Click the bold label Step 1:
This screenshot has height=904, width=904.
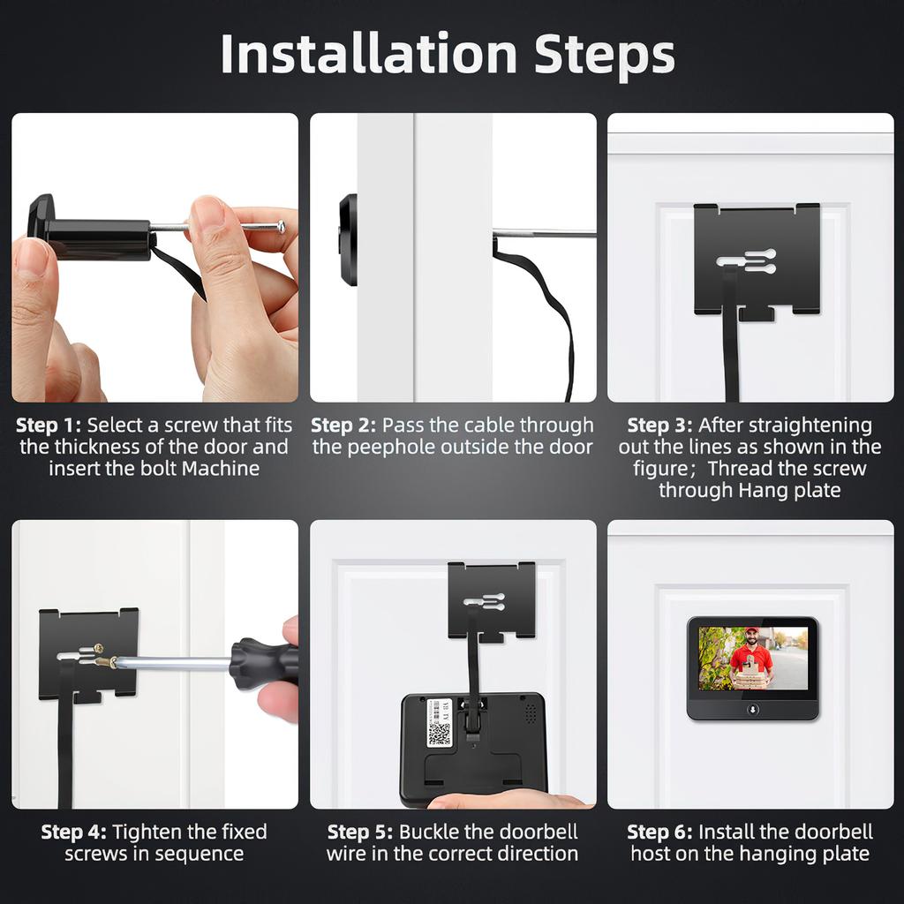48,426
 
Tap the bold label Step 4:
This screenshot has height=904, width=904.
74,832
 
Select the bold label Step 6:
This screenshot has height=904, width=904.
659,832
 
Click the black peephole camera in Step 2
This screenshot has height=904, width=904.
348,239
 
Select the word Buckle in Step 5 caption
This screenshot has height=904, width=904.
426,832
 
